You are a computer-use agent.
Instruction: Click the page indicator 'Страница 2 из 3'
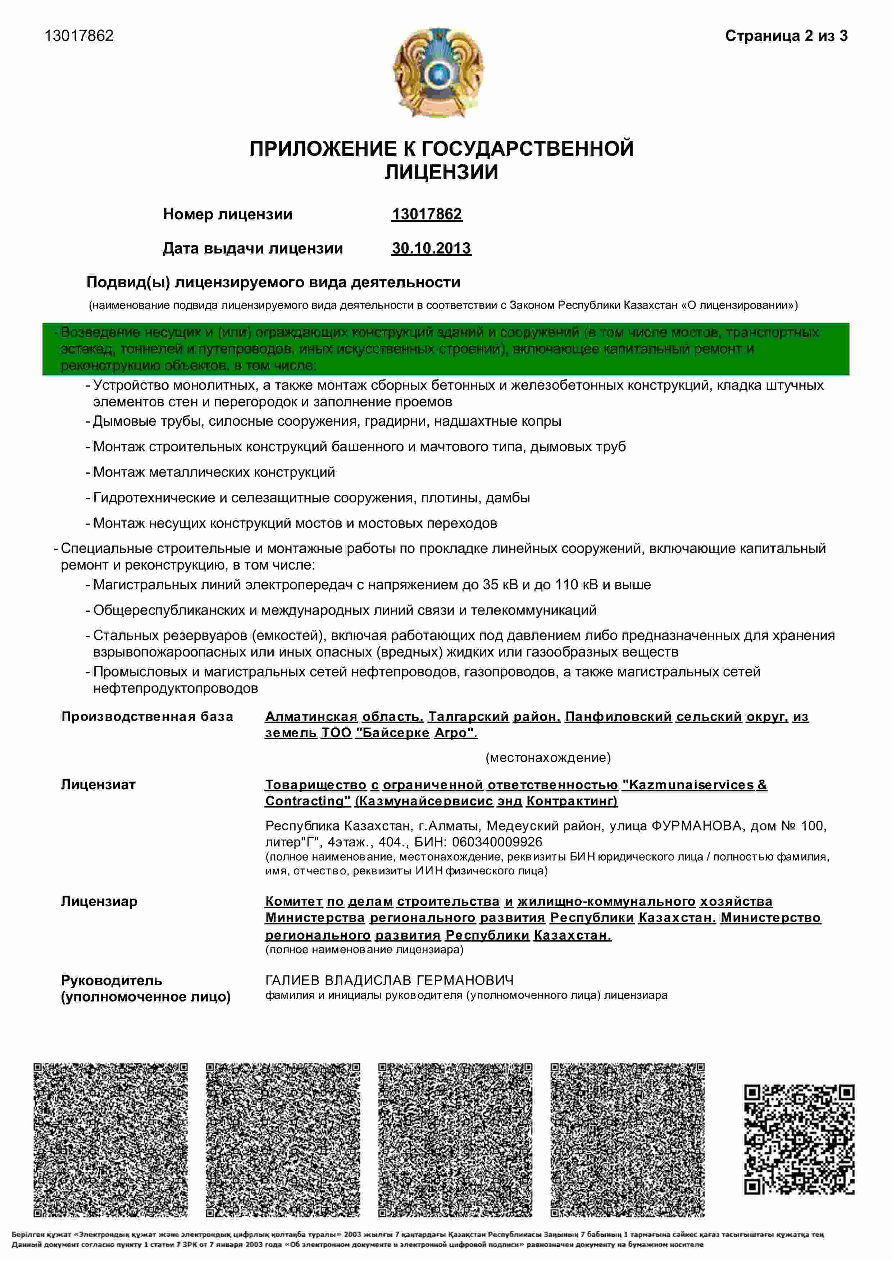click(786, 36)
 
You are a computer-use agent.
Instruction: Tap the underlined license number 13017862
click(427, 214)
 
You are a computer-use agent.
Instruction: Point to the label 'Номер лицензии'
click(227, 214)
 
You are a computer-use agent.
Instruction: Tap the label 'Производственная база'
click(147, 717)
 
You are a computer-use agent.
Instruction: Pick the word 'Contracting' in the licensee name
click(308, 801)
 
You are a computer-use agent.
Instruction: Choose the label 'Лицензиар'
click(99, 901)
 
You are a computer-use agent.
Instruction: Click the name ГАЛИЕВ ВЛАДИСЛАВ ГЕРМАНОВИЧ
click(390, 980)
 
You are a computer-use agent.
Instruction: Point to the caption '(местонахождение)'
click(548, 758)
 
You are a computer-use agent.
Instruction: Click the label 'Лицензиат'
click(98, 785)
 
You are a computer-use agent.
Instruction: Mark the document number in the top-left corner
click(79, 36)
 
